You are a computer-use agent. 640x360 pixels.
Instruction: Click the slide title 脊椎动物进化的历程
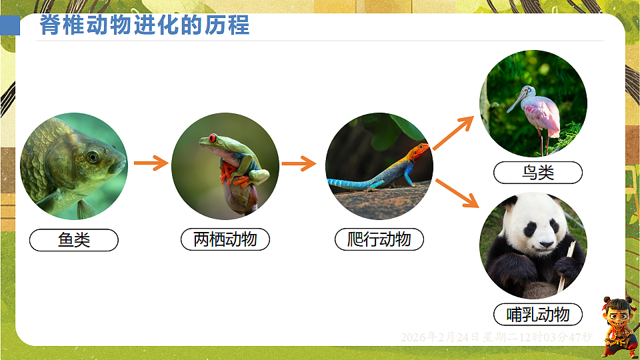tap(145, 25)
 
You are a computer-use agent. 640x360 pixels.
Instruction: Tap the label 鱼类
tap(73, 240)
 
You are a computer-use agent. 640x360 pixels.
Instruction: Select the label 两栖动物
tap(225, 239)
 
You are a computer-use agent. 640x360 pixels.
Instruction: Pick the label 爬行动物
tap(379, 239)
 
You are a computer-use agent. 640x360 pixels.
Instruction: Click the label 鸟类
tap(537, 173)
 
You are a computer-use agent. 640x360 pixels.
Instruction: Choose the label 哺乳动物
tap(537, 314)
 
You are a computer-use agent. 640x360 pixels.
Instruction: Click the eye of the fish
tap(93, 157)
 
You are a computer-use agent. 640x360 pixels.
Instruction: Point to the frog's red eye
tap(213, 139)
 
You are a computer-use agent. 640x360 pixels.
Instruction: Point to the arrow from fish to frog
tap(151, 163)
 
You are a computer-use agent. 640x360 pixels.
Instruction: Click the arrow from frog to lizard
tap(298, 163)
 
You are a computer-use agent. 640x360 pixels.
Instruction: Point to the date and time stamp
tap(496, 337)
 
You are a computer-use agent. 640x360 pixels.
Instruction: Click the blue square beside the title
tap(9, 26)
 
